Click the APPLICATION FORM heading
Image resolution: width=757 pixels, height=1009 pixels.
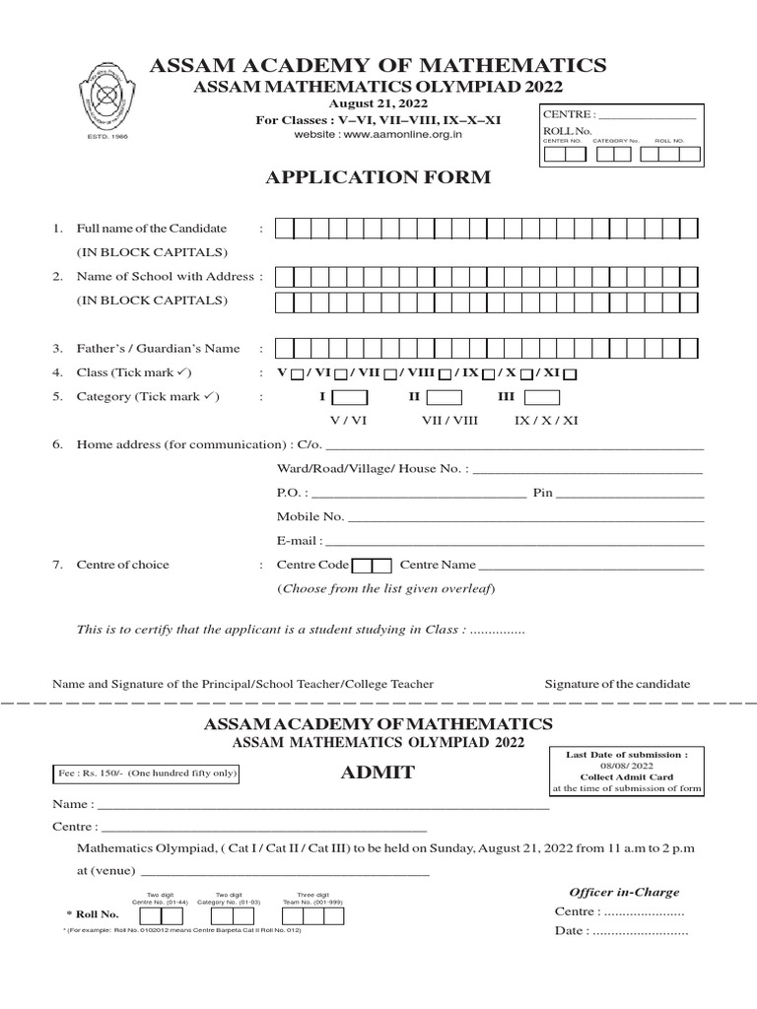378,177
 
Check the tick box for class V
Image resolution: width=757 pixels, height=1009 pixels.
296,373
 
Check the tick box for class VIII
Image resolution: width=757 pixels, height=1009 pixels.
446,373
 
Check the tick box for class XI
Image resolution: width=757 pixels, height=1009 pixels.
570,373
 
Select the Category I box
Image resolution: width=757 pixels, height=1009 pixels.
350,397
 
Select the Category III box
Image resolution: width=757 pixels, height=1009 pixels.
542,397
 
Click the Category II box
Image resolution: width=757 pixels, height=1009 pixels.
444,397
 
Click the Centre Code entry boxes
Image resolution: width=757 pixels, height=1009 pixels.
372,566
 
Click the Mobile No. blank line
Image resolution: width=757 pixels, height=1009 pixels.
526,516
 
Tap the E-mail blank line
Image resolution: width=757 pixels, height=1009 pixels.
514,541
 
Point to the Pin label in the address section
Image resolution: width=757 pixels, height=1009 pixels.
542,493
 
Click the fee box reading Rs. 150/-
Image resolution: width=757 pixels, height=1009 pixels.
145,774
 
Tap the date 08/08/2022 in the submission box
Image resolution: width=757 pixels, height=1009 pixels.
626,764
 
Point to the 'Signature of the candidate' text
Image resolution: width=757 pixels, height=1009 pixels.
617,684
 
